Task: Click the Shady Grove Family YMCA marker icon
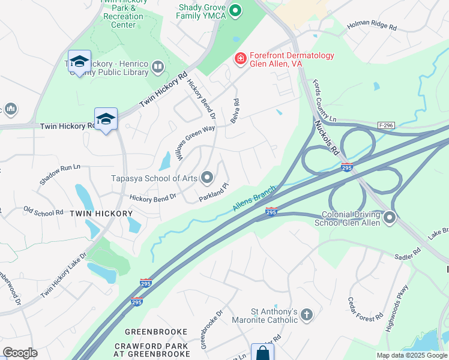pos(236,10)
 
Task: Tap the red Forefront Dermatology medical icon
pos(240,58)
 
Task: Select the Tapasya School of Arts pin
pos(207,177)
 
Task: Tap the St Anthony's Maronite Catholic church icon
pos(306,314)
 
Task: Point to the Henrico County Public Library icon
pos(158,67)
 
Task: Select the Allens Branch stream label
pos(254,198)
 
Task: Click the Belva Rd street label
pos(235,112)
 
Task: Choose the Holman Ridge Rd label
pos(372,27)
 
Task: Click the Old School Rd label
pos(43,212)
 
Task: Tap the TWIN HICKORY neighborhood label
pos(101,214)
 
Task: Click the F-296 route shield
pos(387,125)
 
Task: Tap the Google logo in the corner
pos(20,353)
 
